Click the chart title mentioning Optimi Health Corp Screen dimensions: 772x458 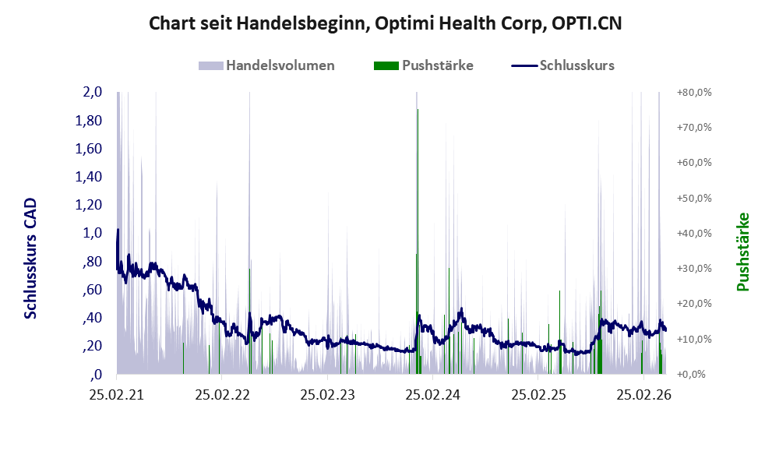(386, 23)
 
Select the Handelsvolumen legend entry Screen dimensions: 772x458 (266, 65)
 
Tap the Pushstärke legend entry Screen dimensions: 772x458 (424, 65)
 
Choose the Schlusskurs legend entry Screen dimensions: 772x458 (562, 65)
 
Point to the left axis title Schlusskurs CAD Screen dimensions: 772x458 (30, 258)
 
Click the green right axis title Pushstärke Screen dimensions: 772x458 (742, 252)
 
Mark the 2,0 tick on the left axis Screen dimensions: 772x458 (92, 92)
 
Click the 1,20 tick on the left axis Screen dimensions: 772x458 (88, 205)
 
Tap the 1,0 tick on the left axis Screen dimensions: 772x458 (92, 233)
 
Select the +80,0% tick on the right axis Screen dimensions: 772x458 (694, 92)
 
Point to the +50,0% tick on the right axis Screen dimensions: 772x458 (694, 198)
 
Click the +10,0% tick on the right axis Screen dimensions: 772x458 (694, 339)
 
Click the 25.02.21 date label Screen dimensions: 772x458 (117, 395)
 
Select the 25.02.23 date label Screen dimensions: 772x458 (327, 395)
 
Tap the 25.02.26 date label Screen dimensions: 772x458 (643, 395)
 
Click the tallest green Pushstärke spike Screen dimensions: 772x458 (418, 241)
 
